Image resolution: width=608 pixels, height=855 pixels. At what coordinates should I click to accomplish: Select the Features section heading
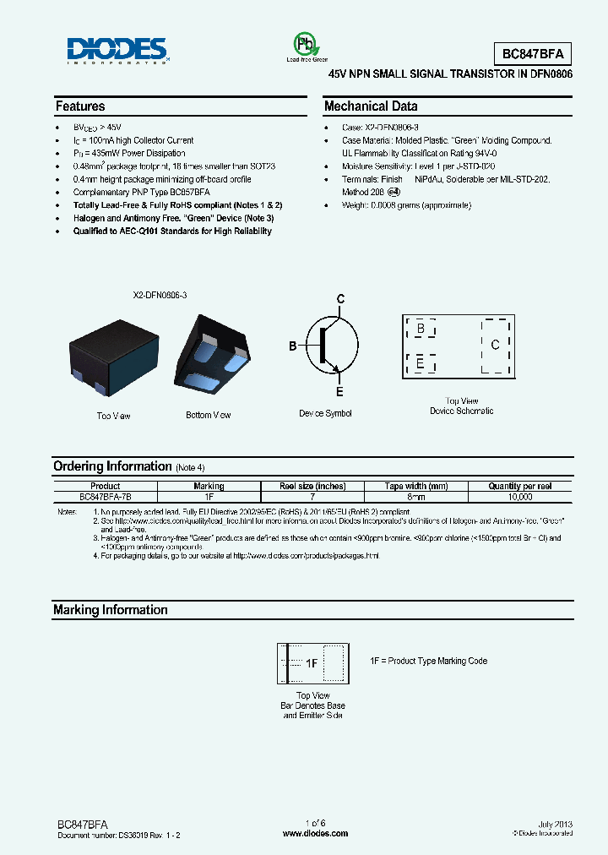pos(80,106)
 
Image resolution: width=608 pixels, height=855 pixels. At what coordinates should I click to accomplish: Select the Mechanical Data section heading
pos(371,106)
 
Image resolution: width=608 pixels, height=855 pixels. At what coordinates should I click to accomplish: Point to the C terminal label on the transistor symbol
pos(341,299)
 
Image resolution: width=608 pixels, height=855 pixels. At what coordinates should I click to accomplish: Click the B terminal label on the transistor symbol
pos(293,346)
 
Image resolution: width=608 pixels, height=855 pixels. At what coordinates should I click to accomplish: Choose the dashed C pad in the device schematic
pos(495,345)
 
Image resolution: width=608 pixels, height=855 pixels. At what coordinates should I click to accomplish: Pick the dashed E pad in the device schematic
pos(421,363)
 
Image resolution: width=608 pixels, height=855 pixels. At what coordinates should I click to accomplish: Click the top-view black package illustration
pos(112,359)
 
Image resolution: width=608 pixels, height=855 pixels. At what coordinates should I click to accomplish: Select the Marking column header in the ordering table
pos(209,486)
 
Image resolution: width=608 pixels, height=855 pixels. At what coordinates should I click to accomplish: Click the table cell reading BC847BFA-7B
pos(106,498)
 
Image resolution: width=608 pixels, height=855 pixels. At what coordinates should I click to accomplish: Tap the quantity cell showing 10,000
pos(520,498)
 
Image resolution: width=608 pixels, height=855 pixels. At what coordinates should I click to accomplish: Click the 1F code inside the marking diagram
pos(311,664)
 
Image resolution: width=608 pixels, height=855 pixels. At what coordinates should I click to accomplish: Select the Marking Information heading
pos(111,610)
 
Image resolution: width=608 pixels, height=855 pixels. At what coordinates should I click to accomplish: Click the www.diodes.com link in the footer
pos(315,833)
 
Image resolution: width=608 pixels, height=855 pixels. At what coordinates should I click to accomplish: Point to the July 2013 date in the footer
pos(555,824)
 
